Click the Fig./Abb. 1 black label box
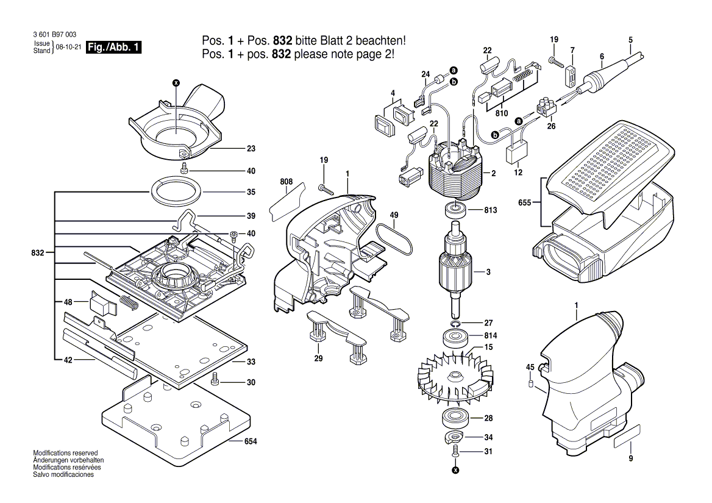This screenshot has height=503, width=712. (x=115, y=48)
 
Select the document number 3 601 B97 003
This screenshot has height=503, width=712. (x=53, y=35)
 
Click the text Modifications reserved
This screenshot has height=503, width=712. (x=65, y=453)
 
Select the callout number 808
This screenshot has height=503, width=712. (x=286, y=182)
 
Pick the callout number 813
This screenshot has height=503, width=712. (x=490, y=210)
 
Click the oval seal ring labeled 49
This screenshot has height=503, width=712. (x=396, y=241)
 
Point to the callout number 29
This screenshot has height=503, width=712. (x=318, y=359)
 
